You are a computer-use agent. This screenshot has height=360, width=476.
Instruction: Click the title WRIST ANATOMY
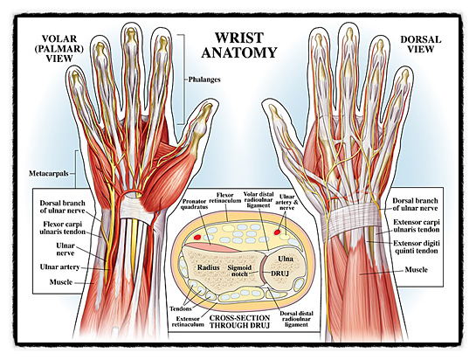click(239, 45)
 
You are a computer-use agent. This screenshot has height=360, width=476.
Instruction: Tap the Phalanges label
click(204, 80)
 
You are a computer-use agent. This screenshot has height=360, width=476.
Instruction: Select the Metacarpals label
click(49, 174)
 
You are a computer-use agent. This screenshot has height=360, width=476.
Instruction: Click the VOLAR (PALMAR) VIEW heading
click(59, 48)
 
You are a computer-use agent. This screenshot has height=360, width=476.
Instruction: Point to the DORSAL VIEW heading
click(421, 44)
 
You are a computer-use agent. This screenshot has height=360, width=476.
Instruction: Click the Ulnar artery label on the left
click(59, 267)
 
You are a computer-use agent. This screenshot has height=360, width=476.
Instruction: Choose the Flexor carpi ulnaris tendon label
click(64, 228)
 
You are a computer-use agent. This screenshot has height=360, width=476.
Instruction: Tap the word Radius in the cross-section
click(208, 267)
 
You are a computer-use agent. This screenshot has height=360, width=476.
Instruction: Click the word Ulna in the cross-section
click(286, 259)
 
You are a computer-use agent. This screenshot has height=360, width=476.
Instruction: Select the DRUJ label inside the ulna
click(279, 273)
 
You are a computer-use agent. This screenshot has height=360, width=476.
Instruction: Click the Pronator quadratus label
click(194, 204)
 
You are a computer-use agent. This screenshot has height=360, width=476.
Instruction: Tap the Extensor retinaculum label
click(188, 322)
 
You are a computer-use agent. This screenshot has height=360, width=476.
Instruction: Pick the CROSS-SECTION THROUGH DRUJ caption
click(240, 322)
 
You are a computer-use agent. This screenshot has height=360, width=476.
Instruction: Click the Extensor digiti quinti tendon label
click(417, 247)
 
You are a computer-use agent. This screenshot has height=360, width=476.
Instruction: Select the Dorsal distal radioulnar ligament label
click(296, 319)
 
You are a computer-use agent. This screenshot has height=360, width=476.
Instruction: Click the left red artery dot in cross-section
click(197, 236)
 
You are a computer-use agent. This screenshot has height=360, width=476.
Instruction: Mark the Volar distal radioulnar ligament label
click(259, 199)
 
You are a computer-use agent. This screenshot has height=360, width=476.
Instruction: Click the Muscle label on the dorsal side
click(417, 270)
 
